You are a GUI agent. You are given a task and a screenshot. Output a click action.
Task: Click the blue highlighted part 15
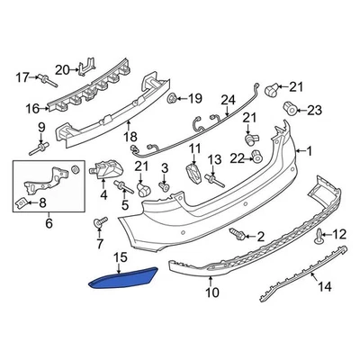click(x=123, y=278)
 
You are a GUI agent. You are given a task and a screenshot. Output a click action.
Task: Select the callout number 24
click(x=229, y=101)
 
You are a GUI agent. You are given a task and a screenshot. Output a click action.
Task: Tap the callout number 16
click(x=32, y=109)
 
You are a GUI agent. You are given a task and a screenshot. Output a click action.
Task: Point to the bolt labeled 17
click(x=47, y=80)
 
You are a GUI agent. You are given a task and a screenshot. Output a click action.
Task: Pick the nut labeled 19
click(x=172, y=98)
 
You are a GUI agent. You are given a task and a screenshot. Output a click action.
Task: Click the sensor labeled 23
click(x=291, y=109)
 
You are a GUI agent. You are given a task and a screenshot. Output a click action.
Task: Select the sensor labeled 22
click(x=256, y=156)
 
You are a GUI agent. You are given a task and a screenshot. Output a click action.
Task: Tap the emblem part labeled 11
click(x=193, y=173)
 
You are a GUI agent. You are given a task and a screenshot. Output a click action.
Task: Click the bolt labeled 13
click(x=214, y=181)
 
